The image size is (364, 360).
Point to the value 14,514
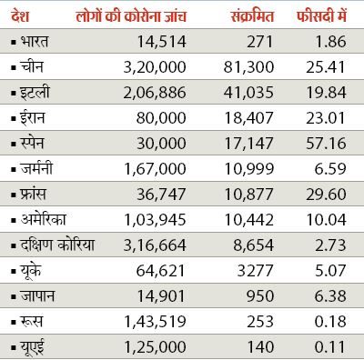coord(165,43)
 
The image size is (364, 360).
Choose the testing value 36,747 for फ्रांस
coord(165,194)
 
